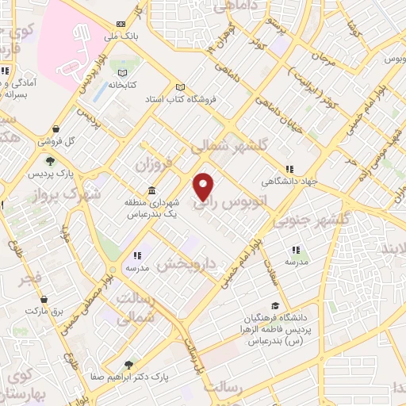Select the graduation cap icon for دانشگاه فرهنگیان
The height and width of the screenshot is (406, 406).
pyautogui.click(x=275, y=306)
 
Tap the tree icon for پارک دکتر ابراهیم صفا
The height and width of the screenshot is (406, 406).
pyautogui.click(x=128, y=365)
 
